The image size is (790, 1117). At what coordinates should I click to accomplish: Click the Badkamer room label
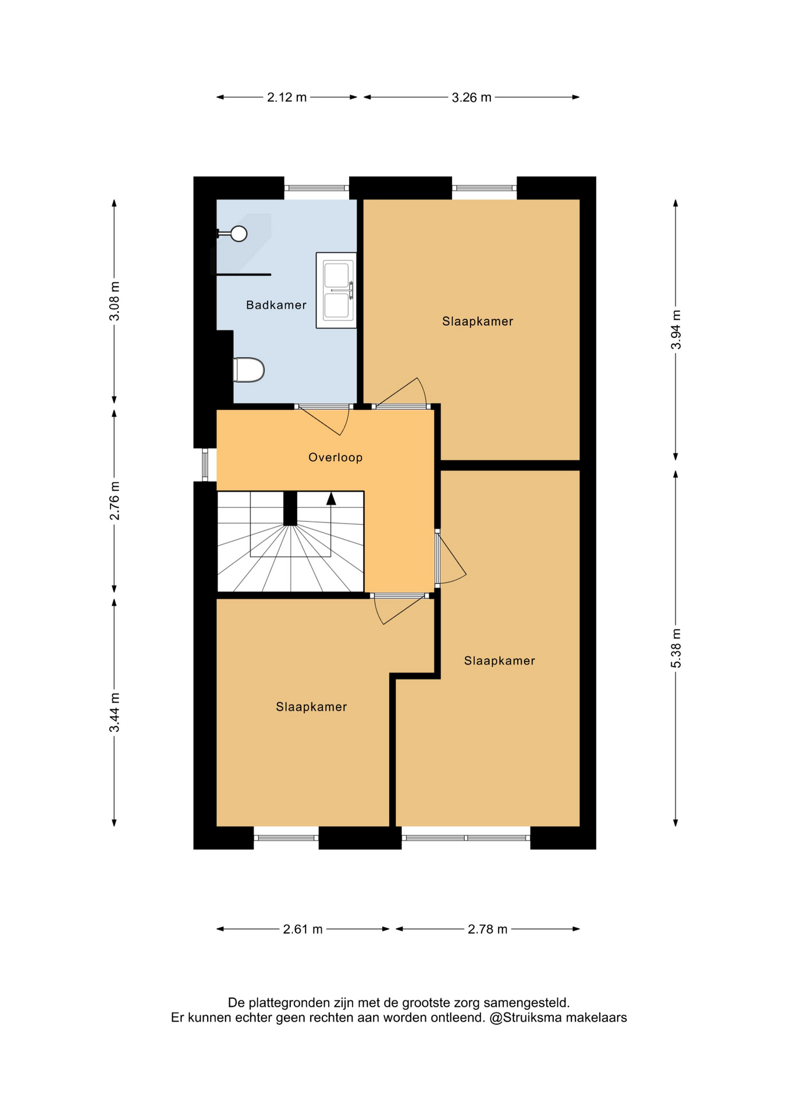tap(276, 305)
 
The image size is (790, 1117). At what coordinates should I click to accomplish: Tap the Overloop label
tap(335, 457)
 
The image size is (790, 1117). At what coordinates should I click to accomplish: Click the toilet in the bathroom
tap(248, 370)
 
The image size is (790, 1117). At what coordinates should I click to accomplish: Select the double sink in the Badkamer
tap(336, 290)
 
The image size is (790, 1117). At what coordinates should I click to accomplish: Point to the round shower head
tap(239, 234)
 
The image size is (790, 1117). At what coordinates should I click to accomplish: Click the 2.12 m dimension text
tap(287, 97)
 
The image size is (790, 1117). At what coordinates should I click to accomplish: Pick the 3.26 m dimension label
tap(471, 97)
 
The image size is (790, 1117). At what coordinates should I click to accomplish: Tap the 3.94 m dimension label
tap(675, 329)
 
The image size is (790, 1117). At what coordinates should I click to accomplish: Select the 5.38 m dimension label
tap(675, 648)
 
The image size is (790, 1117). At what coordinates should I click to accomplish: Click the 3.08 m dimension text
tap(114, 301)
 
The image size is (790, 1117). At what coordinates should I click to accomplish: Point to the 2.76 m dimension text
tap(114, 501)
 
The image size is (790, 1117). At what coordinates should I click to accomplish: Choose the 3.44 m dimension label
tap(114, 713)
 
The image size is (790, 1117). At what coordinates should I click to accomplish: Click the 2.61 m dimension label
tap(303, 929)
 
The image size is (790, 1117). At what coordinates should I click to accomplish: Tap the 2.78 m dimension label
tap(487, 929)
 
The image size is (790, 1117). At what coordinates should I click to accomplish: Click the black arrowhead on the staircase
tap(331, 498)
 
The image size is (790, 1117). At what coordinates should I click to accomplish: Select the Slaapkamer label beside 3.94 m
tap(477, 321)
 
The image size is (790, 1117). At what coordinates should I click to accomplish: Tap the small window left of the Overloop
tap(205, 465)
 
